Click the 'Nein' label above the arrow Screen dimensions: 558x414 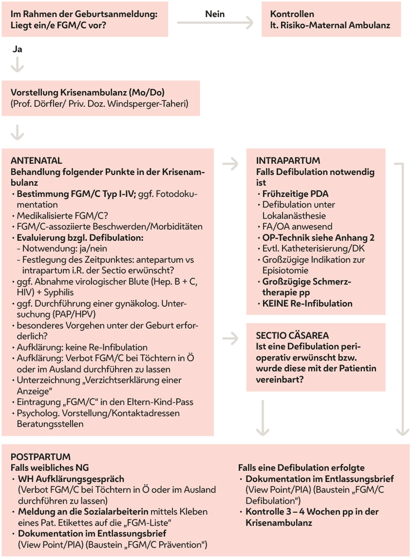[x=215, y=14]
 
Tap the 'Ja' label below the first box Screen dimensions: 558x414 [x=17, y=49]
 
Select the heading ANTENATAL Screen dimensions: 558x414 [x=36, y=160]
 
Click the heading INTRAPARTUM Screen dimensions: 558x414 [x=288, y=160]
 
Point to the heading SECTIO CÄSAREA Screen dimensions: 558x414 [x=292, y=335]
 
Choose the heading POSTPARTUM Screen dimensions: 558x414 [x=41, y=457]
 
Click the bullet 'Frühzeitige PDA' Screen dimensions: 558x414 [x=295, y=194]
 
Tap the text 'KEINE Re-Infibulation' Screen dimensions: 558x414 [x=307, y=303]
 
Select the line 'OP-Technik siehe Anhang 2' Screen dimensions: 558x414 [x=318, y=237]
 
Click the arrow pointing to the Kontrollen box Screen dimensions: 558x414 [x=215, y=23]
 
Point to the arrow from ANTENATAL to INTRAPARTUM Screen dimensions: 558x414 [x=230, y=164]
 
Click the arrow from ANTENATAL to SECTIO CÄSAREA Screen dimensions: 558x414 [x=230, y=338]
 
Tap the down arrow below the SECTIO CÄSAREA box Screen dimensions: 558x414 [x=263, y=418]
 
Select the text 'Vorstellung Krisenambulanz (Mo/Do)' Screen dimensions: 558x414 [x=87, y=93]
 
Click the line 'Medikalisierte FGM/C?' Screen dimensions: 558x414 [x=62, y=216]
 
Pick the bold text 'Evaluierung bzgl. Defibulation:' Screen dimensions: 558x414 [x=80, y=237]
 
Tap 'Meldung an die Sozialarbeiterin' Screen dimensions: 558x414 [x=83, y=512]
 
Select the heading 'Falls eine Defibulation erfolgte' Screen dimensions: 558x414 [x=301, y=467]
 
